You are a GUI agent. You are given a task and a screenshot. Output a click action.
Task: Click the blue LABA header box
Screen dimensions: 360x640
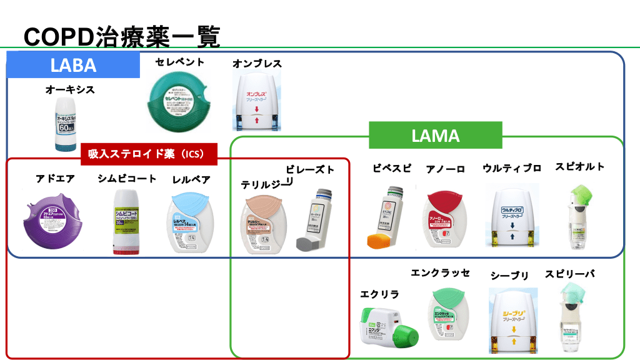(x=73, y=65)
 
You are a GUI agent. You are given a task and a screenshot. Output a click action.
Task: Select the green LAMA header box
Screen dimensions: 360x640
(x=435, y=135)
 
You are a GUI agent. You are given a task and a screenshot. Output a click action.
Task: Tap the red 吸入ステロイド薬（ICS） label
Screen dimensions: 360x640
(x=149, y=154)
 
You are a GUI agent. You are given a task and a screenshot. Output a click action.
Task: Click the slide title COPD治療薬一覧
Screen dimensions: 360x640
(x=122, y=36)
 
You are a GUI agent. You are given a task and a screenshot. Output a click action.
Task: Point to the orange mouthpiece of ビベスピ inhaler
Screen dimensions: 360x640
(x=379, y=240)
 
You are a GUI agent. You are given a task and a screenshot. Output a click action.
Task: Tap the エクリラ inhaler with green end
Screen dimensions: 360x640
(x=388, y=325)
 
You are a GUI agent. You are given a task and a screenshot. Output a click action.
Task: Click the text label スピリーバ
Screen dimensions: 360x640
(x=569, y=274)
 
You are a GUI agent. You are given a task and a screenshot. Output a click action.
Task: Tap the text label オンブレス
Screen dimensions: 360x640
(x=257, y=64)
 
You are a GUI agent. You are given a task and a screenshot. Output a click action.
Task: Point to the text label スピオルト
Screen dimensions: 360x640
(x=579, y=167)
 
